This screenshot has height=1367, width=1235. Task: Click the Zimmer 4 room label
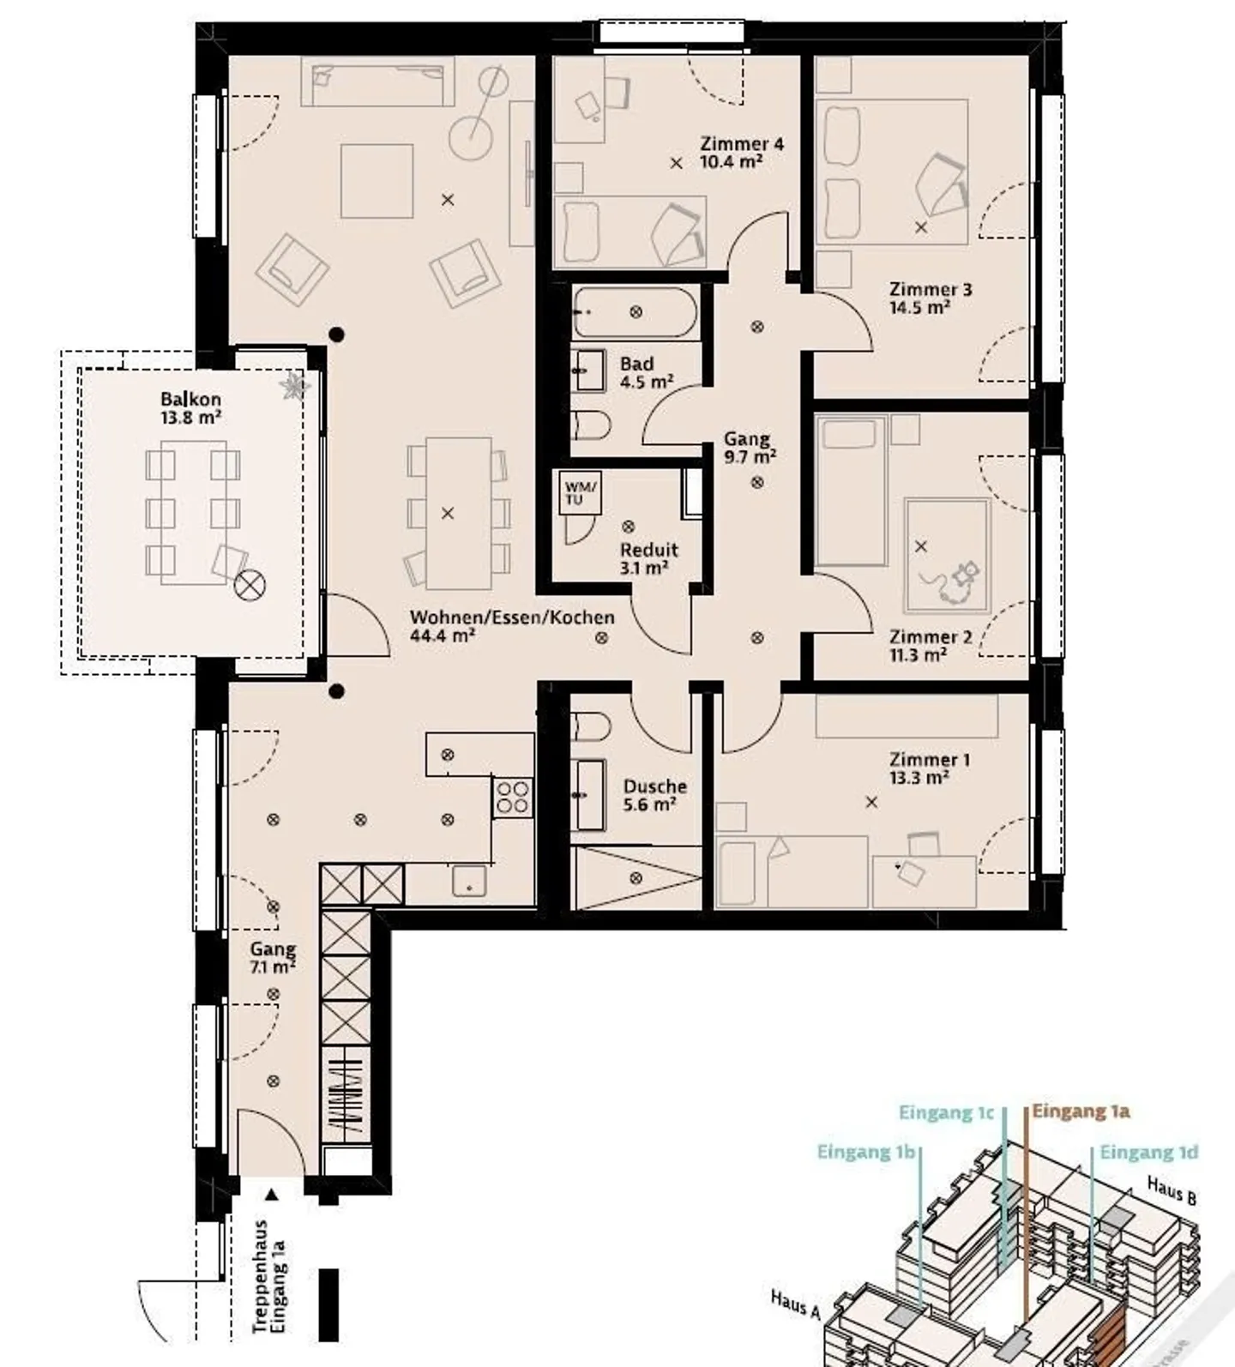pos(742,143)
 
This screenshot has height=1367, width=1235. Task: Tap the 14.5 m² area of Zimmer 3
pos(919,307)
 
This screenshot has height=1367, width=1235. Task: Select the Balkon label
pos(190,399)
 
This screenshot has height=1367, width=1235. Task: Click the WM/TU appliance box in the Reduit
pos(580,492)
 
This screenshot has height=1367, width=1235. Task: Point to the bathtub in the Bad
pos(636,312)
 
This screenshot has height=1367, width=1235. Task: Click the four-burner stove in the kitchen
pos(513,797)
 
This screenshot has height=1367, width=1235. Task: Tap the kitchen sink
pos(469,882)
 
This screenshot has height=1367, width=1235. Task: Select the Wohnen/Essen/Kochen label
pos(512,617)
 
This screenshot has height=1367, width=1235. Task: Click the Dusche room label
pos(655,786)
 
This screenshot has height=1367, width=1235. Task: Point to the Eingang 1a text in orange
pos(1081,1111)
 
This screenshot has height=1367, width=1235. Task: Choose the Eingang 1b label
pos(866,1152)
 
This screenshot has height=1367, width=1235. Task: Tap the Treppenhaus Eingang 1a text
pos(269,1276)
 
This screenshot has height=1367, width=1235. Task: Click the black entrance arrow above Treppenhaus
pos(272,1193)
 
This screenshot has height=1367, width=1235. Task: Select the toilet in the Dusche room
pos(591,726)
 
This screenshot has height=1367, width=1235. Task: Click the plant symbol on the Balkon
pos(294,386)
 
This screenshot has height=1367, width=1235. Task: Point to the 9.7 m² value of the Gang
pos(750,457)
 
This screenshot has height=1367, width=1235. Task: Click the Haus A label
pos(796,1304)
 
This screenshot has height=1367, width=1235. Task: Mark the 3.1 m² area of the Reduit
pos(644,568)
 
